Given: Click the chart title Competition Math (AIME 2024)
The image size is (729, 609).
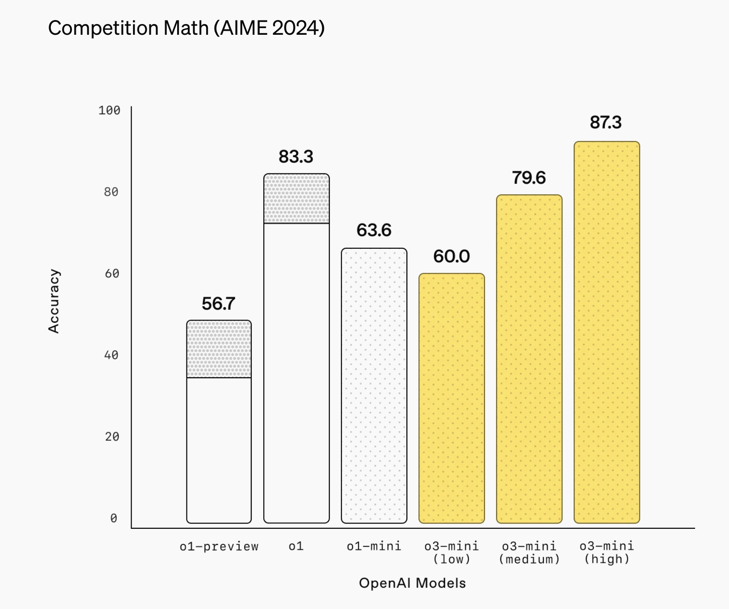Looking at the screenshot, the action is click(186, 28).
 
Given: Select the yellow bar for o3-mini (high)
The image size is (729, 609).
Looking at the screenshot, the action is click(607, 332).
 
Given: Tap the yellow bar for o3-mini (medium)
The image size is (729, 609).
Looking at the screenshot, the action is click(529, 359).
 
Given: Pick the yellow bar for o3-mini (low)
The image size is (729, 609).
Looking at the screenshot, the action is click(451, 398).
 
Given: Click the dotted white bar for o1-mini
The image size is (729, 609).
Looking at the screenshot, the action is click(374, 386).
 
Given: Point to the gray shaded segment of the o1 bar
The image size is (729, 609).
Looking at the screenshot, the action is click(297, 198).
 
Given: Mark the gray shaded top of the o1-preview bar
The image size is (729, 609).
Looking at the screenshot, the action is click(219, 349).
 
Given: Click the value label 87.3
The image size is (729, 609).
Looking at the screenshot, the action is click(606, 122).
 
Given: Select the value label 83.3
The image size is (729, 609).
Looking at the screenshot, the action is click(296, 156).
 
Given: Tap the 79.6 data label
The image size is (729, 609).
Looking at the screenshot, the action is click(529, 177).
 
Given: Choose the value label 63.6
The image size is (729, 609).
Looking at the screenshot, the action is click(374, 230).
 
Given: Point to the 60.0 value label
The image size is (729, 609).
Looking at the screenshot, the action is click(451, 256).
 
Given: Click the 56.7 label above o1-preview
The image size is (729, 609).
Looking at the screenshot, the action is click(218, 304).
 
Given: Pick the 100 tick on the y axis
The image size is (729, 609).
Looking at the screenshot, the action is click(109, 110).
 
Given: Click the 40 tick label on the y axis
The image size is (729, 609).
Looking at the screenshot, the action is click(112, 355).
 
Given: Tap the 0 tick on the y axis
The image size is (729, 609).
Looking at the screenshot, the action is click(114, 518).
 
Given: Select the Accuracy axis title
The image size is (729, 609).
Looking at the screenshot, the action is click(54, 301).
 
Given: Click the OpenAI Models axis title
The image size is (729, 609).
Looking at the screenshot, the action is click(412, 583).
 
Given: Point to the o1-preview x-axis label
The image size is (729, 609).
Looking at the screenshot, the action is click(219, 546).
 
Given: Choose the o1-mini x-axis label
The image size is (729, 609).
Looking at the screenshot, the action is click(374, 546).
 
